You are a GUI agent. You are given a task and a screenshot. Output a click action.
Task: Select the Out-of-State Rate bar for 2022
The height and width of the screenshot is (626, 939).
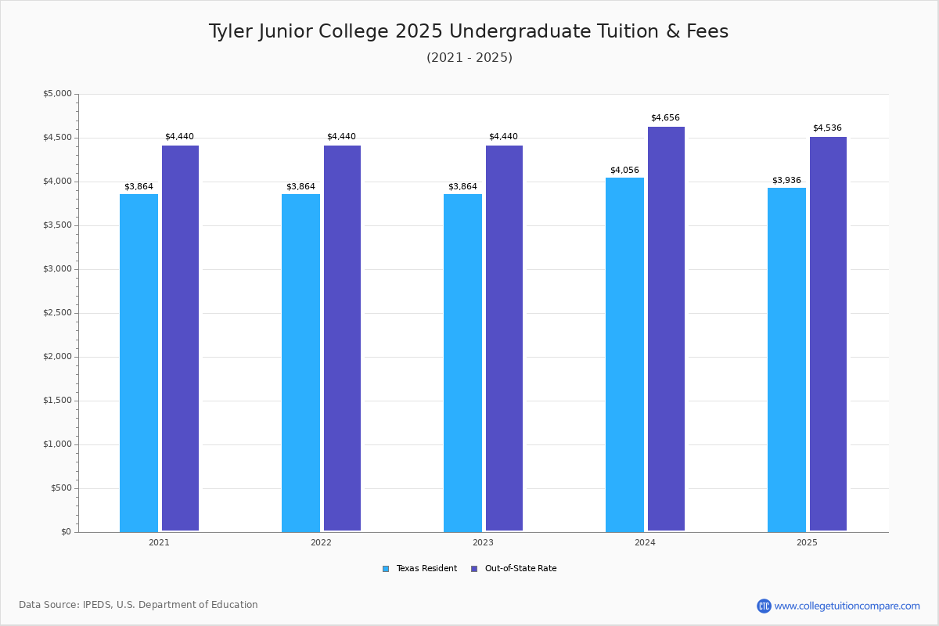[x=342, y=338]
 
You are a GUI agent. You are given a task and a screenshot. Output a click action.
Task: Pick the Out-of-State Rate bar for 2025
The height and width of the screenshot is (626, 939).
[x=828, y=334]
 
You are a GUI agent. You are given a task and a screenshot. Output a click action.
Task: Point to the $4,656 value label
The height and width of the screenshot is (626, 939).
[x=665, y=118]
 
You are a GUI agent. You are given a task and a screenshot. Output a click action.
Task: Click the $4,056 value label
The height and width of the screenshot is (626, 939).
[x=624, y=170]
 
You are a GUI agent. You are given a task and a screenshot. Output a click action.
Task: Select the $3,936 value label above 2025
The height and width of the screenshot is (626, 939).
[x=786, y=181]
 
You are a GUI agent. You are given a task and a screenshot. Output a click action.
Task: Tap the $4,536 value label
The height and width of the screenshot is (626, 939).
[x=827, y=128]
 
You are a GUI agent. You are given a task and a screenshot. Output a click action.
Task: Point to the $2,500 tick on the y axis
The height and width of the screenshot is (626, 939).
[x=57, y=313]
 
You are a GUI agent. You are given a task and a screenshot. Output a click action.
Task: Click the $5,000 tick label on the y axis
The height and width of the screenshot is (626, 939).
[x=57, y=94]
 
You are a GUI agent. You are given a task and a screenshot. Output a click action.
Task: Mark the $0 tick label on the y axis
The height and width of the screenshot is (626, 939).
[x=66, y=532]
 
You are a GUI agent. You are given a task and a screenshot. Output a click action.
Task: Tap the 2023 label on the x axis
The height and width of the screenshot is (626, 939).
[x=483, y=542]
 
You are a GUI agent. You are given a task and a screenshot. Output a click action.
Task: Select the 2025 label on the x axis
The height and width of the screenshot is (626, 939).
[x=807, y=542]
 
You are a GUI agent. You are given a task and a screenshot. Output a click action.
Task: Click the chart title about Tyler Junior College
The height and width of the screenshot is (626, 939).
[x=468, y=31]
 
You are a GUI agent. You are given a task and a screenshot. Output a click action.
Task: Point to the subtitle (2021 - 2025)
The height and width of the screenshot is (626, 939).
[x=469, y=58]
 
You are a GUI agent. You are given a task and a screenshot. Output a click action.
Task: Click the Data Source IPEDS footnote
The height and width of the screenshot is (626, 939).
[x=139, y=605]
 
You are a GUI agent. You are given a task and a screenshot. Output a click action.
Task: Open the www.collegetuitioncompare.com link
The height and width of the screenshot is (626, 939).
[x=847, y=606]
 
